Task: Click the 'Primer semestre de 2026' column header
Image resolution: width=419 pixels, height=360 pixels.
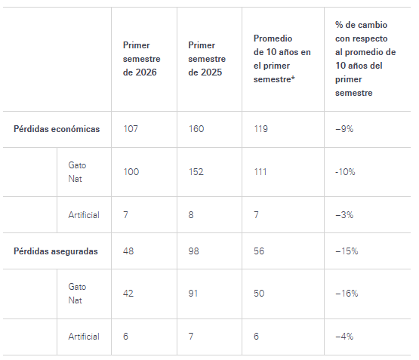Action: click(x=142, y=59)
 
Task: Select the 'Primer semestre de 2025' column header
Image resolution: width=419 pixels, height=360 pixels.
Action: click(x=207, y=59)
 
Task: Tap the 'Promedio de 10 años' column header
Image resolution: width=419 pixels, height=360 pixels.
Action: click(x=282, y=59)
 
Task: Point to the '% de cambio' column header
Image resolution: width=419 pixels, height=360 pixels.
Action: click(x=365, y=59)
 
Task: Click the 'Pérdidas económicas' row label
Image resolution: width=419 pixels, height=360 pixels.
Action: click(x=57, y=129)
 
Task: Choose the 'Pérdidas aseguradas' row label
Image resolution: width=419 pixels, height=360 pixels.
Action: click(x=56, y=251)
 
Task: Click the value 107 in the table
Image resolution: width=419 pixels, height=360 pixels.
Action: click(x=131, y=129)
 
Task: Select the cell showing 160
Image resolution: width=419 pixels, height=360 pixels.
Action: click(x=196, y=129)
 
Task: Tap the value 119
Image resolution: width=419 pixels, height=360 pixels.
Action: click(x=260, y=129)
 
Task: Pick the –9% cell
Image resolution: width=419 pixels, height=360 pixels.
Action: click(x=344, y=129)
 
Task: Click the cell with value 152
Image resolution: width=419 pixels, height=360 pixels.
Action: click(x=196, y=172)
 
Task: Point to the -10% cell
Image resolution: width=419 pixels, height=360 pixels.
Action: click(x=345, y=172)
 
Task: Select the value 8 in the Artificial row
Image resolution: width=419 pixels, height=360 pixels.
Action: click(x=191, y=215)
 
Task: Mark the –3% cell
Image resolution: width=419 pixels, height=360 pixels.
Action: click(x=344, y=215)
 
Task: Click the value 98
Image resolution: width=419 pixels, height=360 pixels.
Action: click(x=194, y=251)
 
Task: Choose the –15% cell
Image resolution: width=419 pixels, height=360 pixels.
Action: click(x=347, y=251)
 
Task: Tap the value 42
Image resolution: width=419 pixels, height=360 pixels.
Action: click(x=128, y=294)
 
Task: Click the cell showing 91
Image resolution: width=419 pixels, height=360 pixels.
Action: click(x=193, y=294)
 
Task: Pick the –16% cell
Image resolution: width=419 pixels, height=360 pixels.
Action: click(x=347, y=294)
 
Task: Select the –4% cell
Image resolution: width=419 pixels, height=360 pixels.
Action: click(x=344, y=337)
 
